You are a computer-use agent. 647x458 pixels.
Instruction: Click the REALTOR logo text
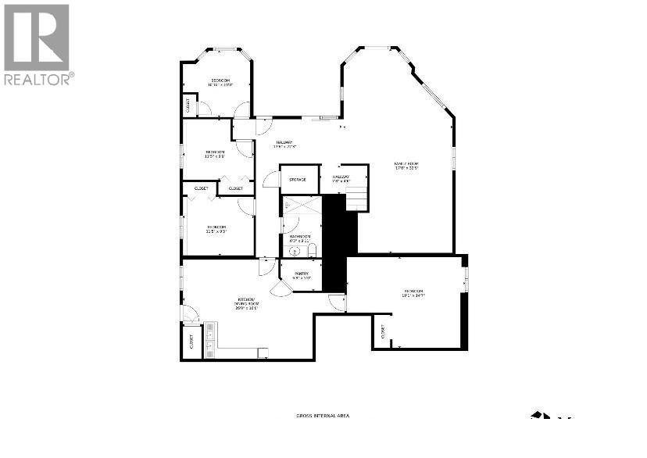click(38, 78)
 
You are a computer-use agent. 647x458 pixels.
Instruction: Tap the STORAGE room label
click(298, 180)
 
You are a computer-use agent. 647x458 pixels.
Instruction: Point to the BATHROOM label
click(300, 238)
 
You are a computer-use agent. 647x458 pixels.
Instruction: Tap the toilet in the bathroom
click(312, 250)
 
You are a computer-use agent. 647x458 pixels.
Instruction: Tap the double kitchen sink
click(209, 338)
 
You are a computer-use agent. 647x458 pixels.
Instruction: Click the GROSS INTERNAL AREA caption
click(323, 416)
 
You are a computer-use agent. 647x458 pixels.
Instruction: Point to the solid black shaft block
click(335, 242)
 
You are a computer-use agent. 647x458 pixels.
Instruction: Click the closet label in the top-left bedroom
click(188, 104)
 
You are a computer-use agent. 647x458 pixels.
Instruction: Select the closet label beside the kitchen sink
click(191, 342)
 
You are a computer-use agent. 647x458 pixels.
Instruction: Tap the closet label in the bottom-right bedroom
click(382, 331)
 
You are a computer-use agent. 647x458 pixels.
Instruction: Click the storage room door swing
click(270, 180)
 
